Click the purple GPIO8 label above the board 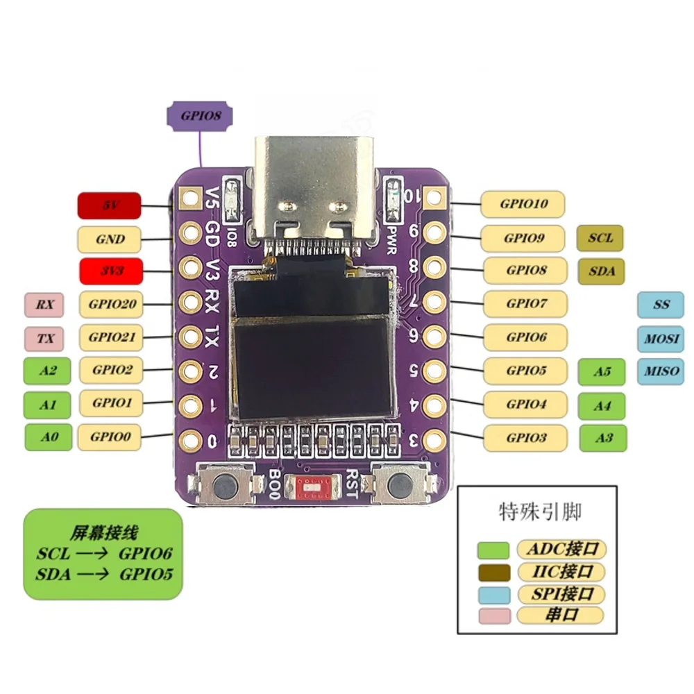click(x=201, y=116)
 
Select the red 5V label click(x=109, y=206)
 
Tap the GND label click(x=110, y=239)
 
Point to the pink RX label click(x=44, y=304)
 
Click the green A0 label click(x=47, y=437)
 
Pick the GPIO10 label click(x=523, y=204)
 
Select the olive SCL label click(x=600, y=237)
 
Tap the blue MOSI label click(x=660, y=339)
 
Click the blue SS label click(x=660, y=305)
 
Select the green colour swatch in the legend click(x=493, y=550)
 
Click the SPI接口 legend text click(x=561, y=594)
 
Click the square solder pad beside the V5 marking click(x=188, y=198)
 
